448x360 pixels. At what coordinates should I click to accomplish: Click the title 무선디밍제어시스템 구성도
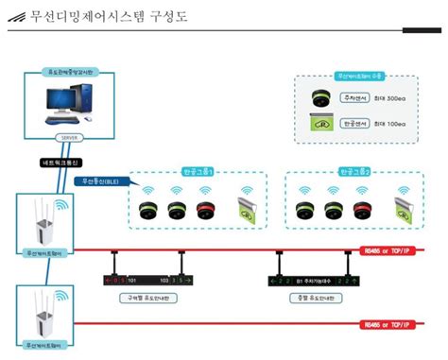pos(99,16)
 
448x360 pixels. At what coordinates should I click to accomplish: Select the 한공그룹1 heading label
pos(197,173)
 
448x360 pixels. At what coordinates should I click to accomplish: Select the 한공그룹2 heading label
pos(353,173)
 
